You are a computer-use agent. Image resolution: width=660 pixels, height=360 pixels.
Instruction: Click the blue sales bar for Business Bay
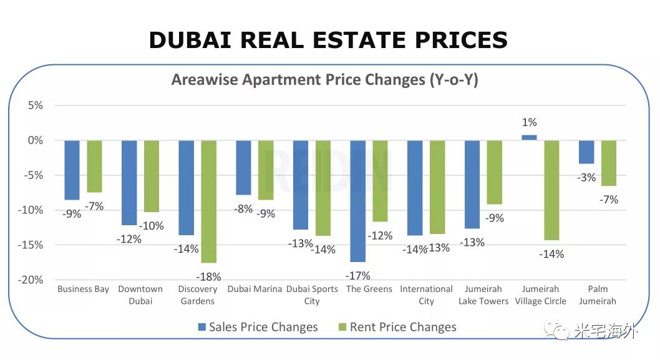coord(72,170)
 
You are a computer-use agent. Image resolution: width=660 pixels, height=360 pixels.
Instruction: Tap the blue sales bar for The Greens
coord(358,201)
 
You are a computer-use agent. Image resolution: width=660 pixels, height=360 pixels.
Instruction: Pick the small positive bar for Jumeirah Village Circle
coord(529,137)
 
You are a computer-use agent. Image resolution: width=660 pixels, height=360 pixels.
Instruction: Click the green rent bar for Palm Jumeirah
coord(609,163)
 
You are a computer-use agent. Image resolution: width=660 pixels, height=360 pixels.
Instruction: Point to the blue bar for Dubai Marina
coord(243,167)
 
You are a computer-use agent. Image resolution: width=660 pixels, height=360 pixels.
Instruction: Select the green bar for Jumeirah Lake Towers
coord(495,172)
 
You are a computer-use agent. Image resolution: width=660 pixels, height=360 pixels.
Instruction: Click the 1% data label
coord(530,122)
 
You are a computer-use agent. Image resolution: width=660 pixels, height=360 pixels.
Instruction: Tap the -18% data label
coord(208,277)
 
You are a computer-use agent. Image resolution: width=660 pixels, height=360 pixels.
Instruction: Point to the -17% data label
coord(358,276)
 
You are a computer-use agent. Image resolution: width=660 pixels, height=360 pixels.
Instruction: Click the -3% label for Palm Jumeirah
coord(586,178)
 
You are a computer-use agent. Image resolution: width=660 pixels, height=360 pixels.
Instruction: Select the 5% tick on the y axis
coord(35,105)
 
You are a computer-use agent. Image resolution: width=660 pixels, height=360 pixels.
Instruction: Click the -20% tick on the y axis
coord(31,280)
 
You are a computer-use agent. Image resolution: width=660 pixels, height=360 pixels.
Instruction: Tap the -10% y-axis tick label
coord(31,210)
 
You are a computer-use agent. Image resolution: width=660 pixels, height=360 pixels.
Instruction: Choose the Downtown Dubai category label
coord(140,295)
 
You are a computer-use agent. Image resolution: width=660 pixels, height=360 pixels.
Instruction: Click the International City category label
coord(426,295)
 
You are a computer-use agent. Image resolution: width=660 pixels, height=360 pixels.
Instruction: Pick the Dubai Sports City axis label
coord(312,295)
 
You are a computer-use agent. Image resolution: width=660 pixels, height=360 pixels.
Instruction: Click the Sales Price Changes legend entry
coord(257,327)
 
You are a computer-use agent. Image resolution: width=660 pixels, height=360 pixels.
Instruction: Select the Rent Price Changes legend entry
coord(397,327)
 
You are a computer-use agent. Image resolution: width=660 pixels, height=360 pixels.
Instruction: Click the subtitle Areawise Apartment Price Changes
coord(325,80)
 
